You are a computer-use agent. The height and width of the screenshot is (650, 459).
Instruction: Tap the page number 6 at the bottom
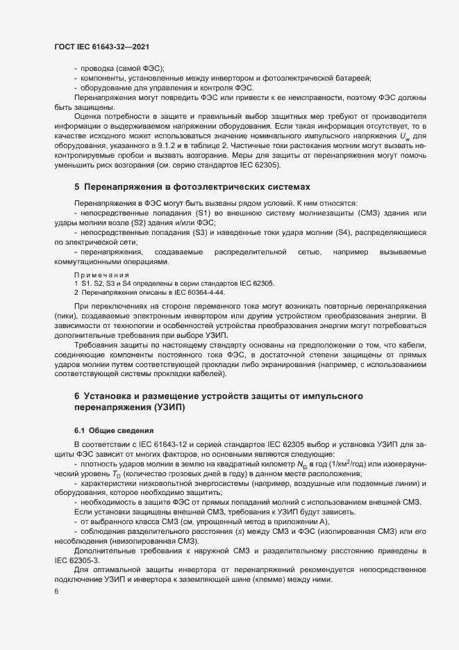56,592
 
